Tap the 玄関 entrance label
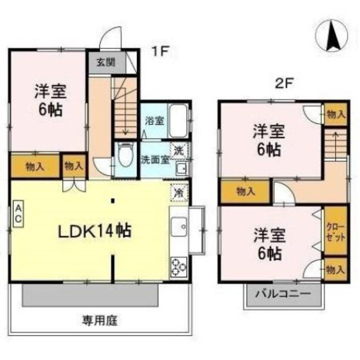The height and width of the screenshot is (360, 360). pos(105,62)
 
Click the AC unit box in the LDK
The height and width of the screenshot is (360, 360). pos(18,213)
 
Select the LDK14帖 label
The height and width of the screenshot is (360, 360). pos(94,231)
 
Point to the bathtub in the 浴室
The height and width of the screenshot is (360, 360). pos(177,121)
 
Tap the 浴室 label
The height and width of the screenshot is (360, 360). pos(154,121)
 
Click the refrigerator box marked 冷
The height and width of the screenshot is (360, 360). pos(179,191)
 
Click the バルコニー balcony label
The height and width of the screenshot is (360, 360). pos(283,294)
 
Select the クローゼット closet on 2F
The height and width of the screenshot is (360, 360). pos(336,233)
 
